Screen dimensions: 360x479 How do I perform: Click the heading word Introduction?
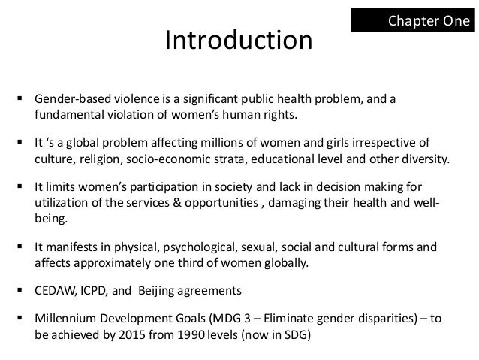pos(239,41)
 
